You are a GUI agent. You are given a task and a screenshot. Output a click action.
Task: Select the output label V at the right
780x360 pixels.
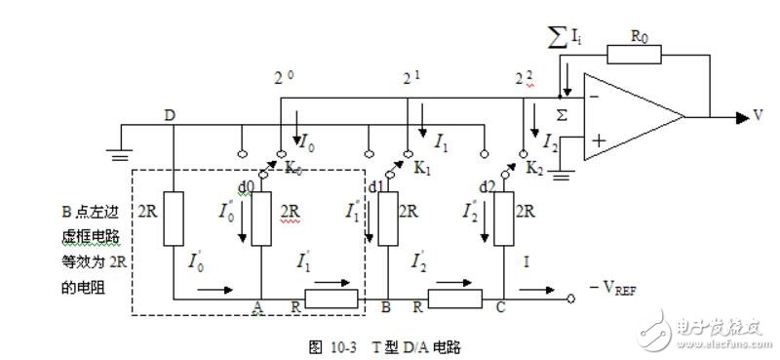point(757,115)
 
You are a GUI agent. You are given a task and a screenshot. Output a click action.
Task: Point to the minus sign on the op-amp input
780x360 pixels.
point(594,96)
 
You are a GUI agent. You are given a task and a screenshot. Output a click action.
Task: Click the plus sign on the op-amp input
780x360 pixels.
point(596,140)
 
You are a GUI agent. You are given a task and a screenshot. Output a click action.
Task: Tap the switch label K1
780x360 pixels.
point(422,168)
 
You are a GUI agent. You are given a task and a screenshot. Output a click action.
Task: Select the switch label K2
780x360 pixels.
point(535,168)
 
